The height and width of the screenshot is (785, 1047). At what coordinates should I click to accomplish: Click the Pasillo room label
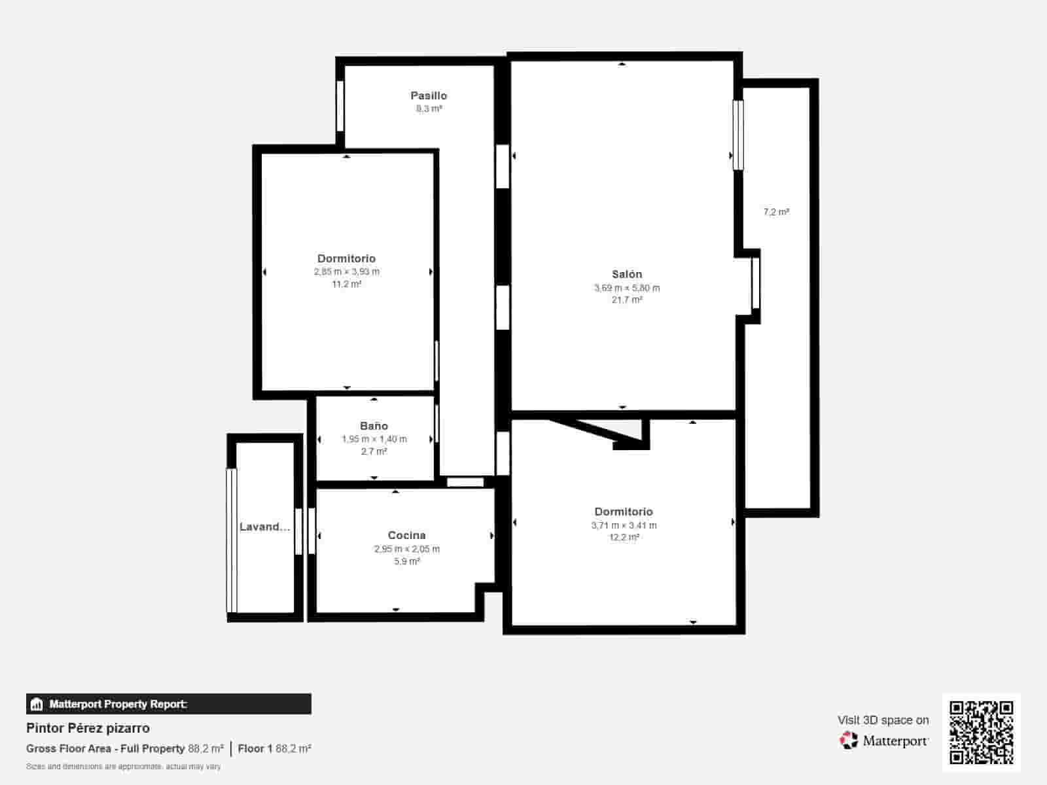point(429,96)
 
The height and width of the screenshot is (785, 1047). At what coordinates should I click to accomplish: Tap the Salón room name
point(627,274)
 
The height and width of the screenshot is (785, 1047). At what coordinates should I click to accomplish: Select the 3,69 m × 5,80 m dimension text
point(627,288)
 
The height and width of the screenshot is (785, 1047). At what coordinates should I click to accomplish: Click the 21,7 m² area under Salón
point(627,300)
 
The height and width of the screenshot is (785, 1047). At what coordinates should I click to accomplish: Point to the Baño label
point(374,426)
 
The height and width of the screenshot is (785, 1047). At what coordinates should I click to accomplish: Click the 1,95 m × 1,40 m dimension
point(374,439)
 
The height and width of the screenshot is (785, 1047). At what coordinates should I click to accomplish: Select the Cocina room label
point(406,535)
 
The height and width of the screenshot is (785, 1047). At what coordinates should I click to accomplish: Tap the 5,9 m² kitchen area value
point(406,561)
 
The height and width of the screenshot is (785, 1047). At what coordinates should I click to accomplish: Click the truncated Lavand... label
point(264,527)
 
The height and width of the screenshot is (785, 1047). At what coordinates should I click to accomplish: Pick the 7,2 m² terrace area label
point(776,212)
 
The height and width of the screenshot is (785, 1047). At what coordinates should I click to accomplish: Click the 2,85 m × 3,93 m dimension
point(346,271)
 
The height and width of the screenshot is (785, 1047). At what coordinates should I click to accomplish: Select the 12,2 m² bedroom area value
point(624,537)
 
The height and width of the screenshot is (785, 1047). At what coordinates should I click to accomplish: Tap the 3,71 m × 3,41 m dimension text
point(624,525)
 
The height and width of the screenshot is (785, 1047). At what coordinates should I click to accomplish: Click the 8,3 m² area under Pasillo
point(429,109)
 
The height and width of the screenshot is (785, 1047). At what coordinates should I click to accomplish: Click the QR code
point(981,732)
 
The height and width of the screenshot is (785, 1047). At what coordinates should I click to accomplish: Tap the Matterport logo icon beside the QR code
point(849,741)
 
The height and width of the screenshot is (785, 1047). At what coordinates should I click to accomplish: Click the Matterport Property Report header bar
point(169,704)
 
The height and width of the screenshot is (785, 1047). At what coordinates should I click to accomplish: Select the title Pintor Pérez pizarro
point(88,728)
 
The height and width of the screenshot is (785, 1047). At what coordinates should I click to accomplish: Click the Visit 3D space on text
point(883,720)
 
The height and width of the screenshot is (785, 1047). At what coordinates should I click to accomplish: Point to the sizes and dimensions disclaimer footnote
point(124,766)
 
